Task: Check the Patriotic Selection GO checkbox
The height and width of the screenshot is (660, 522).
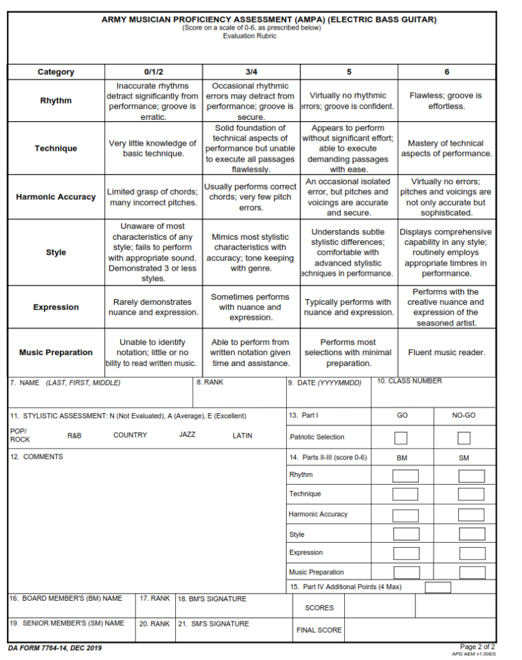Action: (401, 438)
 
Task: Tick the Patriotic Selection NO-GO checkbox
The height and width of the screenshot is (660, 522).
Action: (464, 438)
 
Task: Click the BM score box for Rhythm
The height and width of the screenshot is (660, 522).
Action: (405, 476)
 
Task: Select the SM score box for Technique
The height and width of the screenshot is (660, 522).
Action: (471, 495)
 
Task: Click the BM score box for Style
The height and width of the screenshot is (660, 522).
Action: (405, 534)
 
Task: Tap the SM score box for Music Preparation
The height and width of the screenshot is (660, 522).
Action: (471, 572)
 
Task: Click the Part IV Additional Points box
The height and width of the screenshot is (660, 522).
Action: (438, 587)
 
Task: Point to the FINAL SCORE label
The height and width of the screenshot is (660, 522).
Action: (319, 630)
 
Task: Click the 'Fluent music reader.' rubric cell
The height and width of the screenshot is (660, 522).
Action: (447, 353)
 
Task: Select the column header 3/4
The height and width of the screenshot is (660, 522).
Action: (251, 72)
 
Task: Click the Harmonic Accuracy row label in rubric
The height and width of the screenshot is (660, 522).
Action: (56, 197)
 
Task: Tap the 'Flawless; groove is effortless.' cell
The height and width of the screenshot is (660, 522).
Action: (447, 101)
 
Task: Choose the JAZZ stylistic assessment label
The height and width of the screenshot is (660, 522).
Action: (187, 435)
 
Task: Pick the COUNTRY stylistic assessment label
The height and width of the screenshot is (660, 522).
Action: (130, 435)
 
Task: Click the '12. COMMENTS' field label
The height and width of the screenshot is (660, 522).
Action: (37, 457)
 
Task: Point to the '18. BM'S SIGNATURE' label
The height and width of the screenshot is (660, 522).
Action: (212, 599)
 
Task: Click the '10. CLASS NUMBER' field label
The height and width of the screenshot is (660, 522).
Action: (409, 382)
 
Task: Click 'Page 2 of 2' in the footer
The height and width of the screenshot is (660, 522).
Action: (478, 646)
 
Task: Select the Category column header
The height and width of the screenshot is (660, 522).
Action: (56, 72)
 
